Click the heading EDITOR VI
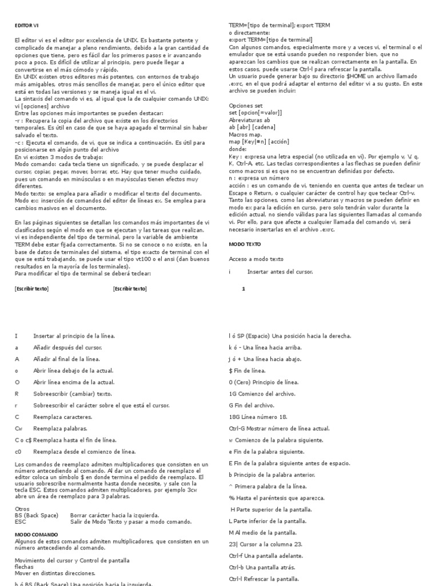(x=26, y=26)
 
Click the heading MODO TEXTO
(x=245, y=244)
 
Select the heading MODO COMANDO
(x=35, y=534)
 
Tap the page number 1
(x=244, y=289)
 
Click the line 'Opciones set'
(x=246, y=106)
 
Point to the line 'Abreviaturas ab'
(x=250, y=120)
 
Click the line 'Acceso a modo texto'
(x=256, y=259)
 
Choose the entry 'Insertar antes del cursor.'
(x=280, y=272)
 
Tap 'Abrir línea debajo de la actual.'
(x=74, y=370)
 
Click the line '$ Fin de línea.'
(x=248, y=371)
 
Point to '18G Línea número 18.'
(x=258, y=417)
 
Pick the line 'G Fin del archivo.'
(x=252, y=405)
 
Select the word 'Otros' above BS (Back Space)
(x=22, y=508)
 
